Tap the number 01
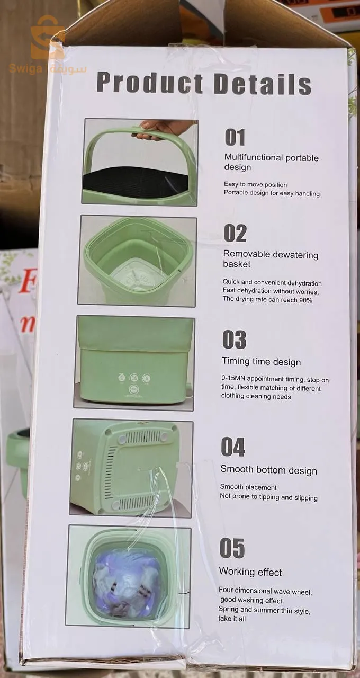pyautogui.click(x=235, y=137)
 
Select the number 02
pyautogui.click(x=235, y=233)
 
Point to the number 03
pyautogui.click(x=234, y=340)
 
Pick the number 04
pyautogui.click(x=233, y=448)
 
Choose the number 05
pyautogui.click(x=232, y=549)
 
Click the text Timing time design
pyautogui.click(x=261, y=362)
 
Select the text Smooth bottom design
pyautogui.click(x=268, y=470)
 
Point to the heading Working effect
pyautogui.click(x=250, y=573)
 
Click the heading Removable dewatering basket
pyautogui.click(x=271, y=260)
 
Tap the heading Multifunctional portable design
pyautogui.click(x=271, y=163)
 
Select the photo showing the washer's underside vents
pyautogui.click(x=131, y=467)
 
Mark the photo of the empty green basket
pyautogui.click(x=137, y=261)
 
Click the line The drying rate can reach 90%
pyautogui.click(x=267, y=300)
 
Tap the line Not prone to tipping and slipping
pyautogui.click(x=268, y=497)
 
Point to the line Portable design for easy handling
pyautogui.click(x=272, y=194)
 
